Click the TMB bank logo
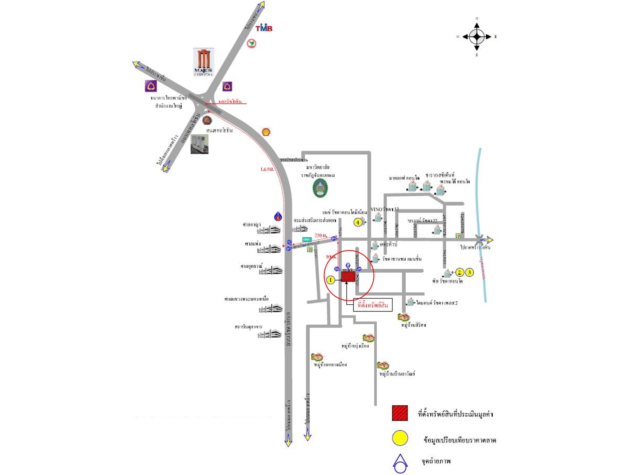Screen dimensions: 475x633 [264, 28]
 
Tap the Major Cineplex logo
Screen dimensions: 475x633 [204, 62]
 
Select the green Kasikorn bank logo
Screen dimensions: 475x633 [251, 44]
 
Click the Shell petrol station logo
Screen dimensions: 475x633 [266, 132]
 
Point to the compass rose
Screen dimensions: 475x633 [477, 37]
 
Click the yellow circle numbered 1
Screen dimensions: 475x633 [331, 279]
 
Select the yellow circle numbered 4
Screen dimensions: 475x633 [358, 223]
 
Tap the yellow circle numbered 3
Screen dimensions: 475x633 [469, 272]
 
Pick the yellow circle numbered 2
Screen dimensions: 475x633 [459, 272]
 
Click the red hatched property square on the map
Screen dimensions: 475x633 [348, 277]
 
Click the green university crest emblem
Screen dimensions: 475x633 [320, 189]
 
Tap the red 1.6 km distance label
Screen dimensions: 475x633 [267, 169]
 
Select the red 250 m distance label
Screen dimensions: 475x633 [321, 236]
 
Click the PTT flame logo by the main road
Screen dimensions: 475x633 [278, 216]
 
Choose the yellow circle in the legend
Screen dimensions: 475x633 [400, 438]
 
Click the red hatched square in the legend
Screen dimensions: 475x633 [400, 413]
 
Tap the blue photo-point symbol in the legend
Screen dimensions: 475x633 [400, 464]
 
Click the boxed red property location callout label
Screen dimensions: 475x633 [373, 305]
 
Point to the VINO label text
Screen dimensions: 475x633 [377, 209]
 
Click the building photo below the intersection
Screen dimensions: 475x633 [200, 144]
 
